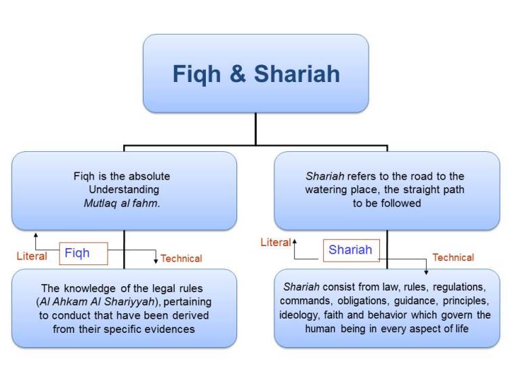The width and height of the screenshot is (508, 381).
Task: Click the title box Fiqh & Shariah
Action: point(255,73)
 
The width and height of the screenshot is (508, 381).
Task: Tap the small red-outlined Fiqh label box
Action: point(83,254)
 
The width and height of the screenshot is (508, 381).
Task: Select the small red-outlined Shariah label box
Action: point(350,249)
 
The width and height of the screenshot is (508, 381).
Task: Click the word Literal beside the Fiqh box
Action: point(32,256)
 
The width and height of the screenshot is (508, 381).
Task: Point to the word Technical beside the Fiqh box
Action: point(182,258)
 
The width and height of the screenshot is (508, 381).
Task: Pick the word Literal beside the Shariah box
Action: point(275,242)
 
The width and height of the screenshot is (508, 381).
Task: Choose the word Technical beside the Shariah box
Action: point(453,258)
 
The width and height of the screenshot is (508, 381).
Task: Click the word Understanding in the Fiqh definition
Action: point(123,190)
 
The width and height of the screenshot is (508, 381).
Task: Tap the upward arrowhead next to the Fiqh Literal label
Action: point(35,234)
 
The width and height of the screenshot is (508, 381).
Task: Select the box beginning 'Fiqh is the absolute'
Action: point(124,190)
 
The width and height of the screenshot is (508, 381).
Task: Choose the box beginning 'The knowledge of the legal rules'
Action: point(124,308)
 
